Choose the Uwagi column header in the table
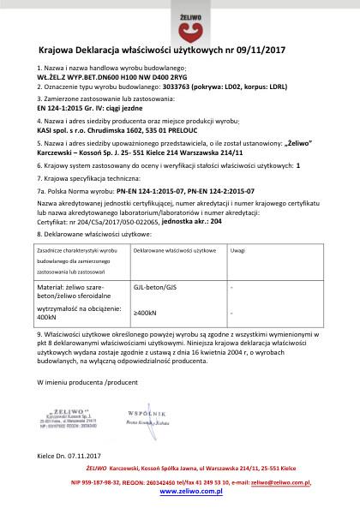click(x=239, y=249)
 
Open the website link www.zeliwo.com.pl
click(x=179, y=504)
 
